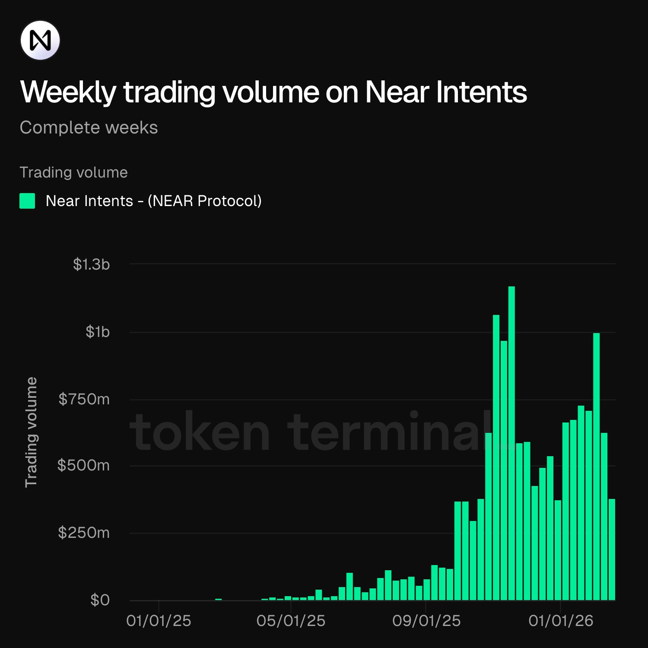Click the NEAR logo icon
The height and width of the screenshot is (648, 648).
click(40, 40)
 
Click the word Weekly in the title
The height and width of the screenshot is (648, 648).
click(68, 92)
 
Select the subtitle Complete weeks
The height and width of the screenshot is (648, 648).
click(89, 127)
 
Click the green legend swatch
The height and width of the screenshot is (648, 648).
click(27, 201)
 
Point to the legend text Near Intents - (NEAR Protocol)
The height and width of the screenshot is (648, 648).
click(153, 201)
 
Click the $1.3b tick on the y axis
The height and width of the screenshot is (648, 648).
click(91, 264)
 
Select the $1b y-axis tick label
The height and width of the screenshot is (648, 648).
click(98, 332)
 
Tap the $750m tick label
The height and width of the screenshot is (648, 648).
click(84, 399)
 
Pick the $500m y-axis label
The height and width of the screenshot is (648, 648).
click(84, 465)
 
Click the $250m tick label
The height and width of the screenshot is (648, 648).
click(84, 533)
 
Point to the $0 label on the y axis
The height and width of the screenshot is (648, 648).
click(100, 600)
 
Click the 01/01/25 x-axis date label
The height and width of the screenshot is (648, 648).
click(159, 621)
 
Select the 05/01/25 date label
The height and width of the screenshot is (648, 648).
click(291, 621)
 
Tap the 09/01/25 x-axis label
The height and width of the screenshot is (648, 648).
click(426, 621)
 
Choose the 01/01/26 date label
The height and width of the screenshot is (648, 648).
click(561, 621)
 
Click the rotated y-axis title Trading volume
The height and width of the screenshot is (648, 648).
click(31, 432)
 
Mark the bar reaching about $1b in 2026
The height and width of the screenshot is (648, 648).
click(596, 467)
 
